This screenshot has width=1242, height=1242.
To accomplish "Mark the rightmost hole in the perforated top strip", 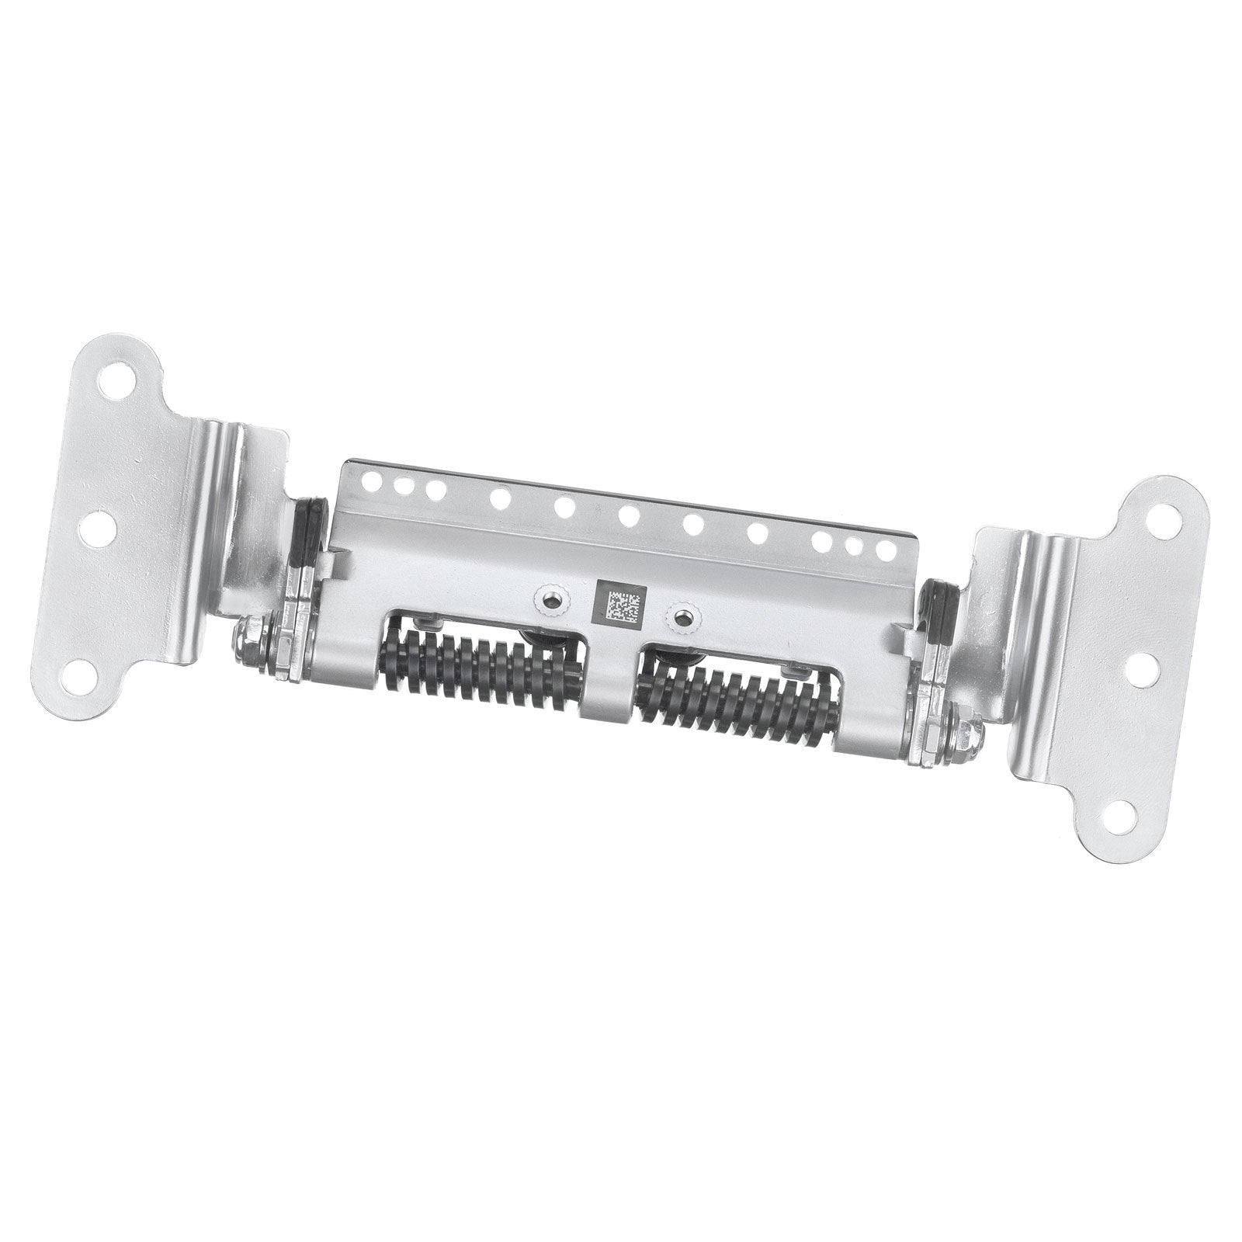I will click(883, 547).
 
